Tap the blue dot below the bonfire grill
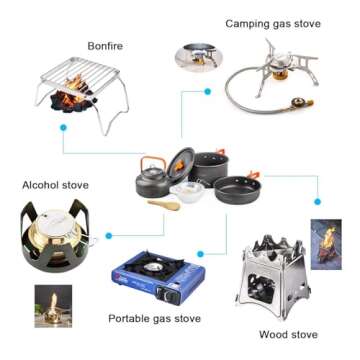click(64, 127)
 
